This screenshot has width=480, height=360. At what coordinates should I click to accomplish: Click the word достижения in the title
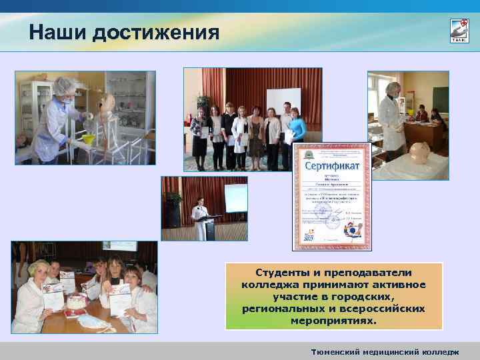tap(156, 32)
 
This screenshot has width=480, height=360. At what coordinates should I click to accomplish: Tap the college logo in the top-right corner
tap(459, 31)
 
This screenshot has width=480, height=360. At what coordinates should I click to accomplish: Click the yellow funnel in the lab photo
tap(87, 141)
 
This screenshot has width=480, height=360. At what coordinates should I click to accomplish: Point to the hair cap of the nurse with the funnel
tap(65, 85)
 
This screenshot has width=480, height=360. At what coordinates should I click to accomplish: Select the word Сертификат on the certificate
tap(332, 164)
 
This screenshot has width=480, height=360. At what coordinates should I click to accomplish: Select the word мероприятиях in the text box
tap(333, 321)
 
